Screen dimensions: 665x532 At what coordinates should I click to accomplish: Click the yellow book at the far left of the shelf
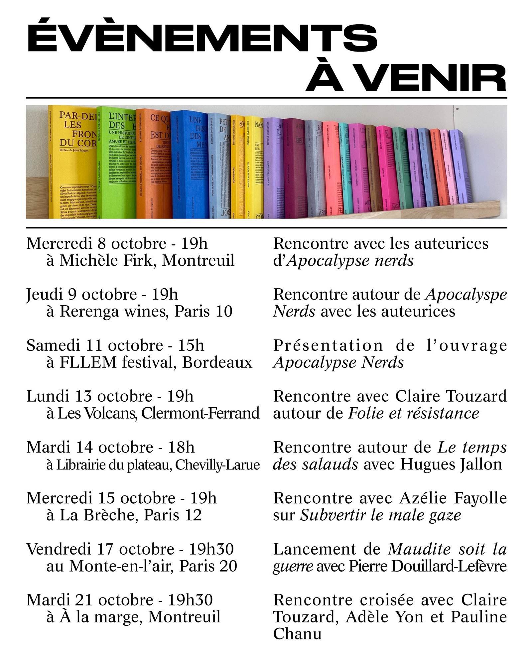click(x=71, y=163)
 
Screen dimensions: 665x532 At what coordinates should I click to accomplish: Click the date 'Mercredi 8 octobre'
click(x=96, y=243)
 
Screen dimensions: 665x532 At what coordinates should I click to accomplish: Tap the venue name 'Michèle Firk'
click(x=106, y=260)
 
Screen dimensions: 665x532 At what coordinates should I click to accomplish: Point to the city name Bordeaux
click(x=217, y=362)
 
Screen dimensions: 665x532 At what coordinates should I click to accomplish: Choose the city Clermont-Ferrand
click(x=200, y=413)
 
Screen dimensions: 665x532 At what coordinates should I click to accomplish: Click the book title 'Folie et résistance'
click(x=413, y=413)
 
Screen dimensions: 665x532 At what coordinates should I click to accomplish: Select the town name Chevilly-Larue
click(x=217, y=465)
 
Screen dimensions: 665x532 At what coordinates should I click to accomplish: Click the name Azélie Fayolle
click(x=453, y=498)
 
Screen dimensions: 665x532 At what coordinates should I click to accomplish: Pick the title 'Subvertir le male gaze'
click(x=380, y=515)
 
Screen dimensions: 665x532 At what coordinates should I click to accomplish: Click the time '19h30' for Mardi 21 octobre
click(x=190, y=600)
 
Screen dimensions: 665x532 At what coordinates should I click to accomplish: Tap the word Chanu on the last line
click(x=297, y=634)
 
